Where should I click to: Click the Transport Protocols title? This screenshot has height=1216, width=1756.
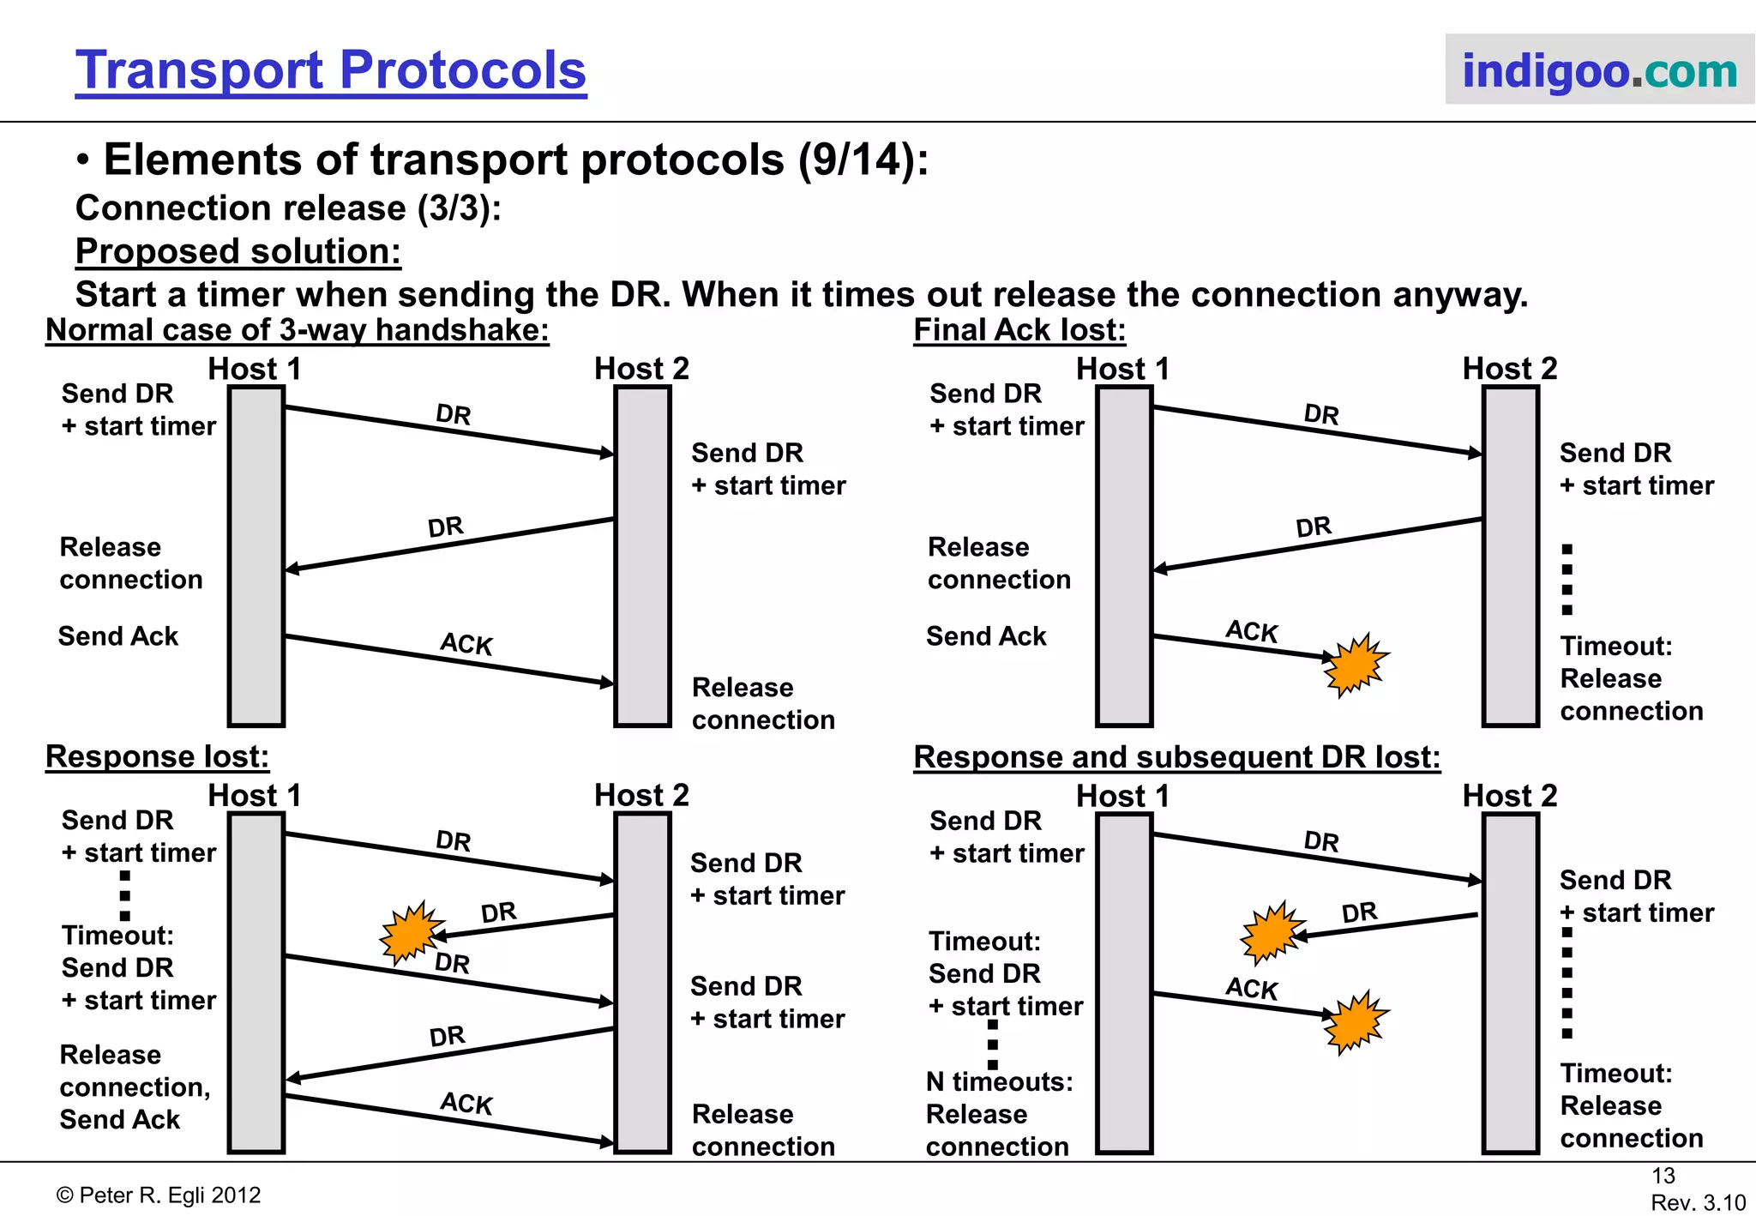[x=330, y=70]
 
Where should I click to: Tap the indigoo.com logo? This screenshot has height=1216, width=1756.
[x=1599, y=70]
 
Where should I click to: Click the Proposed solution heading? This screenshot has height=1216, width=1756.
[x=238, y=252]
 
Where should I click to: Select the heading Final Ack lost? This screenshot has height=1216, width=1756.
[x=1019, y=330]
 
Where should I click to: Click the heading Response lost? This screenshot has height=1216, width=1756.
[x=157, y=756]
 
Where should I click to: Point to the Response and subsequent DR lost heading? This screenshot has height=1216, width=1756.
[x=1176, y=757]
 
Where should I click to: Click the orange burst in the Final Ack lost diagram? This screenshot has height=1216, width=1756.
[x=1355, y=665]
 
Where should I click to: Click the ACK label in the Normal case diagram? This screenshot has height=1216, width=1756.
[x=466, y=644]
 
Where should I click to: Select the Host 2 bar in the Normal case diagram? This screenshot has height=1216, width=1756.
[x=642, y=556]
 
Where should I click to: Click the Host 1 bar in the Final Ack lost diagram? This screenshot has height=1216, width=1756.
[x=1124, y=556]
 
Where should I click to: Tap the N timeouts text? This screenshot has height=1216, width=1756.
[x=999, y=1082]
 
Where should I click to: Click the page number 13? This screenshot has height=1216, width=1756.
[x=1663, y=1176]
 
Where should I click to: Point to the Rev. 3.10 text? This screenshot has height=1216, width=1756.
[x=1698, y=1202]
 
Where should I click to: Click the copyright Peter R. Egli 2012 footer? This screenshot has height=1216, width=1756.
[x=159, y=1195]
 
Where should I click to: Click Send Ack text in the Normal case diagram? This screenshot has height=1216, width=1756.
[x=118, y=636]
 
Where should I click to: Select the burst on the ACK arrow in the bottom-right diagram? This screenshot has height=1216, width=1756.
[x=1355, y=1022]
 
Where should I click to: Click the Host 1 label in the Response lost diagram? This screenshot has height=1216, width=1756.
[x=255, y=796]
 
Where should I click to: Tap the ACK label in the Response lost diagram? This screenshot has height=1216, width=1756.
[x=466, y=1103]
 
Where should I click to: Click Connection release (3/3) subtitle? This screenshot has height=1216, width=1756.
[x=288, y=208]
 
